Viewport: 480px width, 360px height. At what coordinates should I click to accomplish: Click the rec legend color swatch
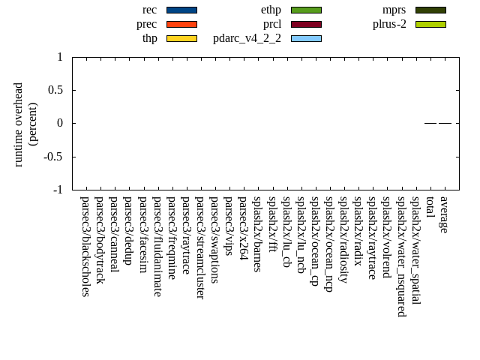181,10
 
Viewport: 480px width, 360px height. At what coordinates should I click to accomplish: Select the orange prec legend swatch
181,24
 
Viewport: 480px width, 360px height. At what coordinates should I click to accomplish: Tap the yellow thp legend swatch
181,38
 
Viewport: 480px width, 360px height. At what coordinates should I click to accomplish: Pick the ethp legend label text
271,10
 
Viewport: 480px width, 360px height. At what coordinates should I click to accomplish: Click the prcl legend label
272,24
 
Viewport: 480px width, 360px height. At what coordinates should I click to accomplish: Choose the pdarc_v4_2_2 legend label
247,38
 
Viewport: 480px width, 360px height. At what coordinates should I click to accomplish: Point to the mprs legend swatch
430,10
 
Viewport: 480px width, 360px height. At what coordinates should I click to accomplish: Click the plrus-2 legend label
389,24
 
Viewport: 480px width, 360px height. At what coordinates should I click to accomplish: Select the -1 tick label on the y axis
58,190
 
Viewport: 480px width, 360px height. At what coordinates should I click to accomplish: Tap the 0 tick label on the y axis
60,124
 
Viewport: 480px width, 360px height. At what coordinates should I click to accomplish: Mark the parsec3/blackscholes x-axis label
85,246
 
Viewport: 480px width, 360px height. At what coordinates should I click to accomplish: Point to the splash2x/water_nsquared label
401,256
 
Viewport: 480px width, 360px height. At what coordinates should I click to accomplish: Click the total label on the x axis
430,205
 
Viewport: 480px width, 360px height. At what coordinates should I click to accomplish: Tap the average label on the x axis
445,214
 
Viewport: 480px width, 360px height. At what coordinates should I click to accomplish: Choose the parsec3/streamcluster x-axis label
200,247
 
